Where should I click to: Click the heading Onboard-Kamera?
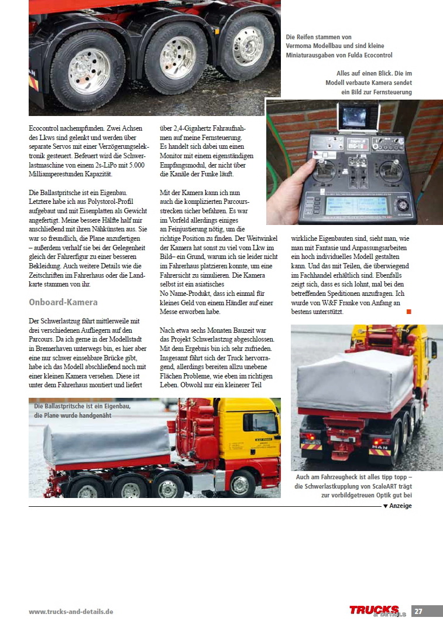click(63, 302)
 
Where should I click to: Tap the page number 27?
click(418, 611)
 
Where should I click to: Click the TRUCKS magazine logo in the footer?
click(375, 610)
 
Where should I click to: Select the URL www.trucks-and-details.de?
click(71, 612)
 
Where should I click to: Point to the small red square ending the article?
click(409, 312)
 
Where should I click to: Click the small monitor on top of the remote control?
click(358, 117)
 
